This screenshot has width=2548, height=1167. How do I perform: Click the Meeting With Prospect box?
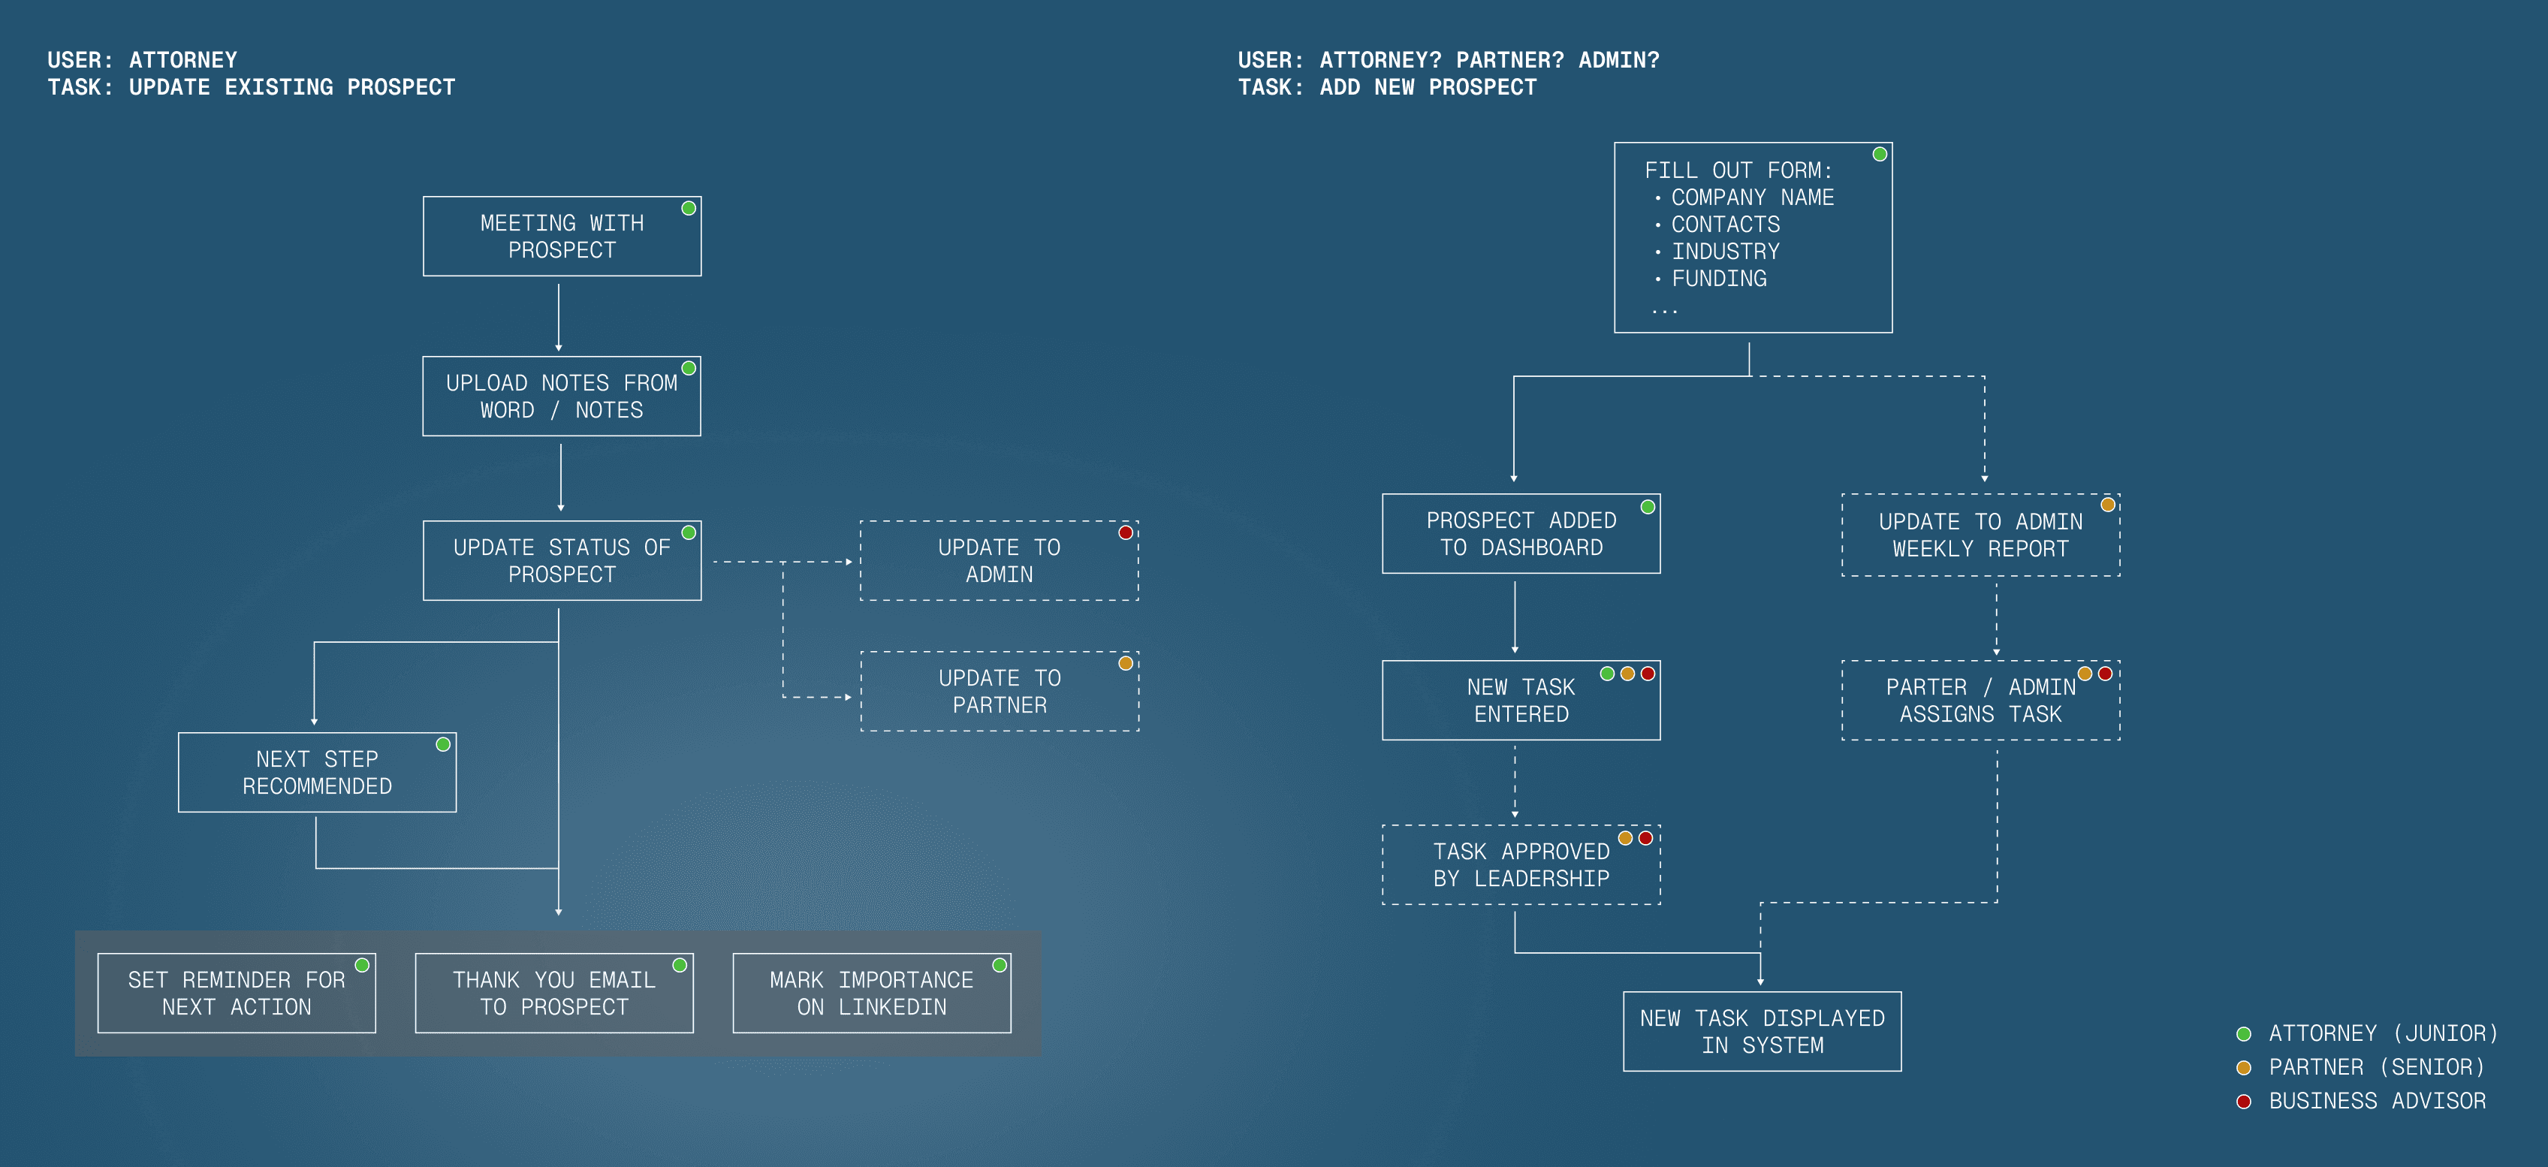[x=562, y=237]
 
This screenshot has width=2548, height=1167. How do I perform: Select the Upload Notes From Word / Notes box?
[x=562, y=397]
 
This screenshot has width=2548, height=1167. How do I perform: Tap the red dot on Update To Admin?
[x=1126, y=533]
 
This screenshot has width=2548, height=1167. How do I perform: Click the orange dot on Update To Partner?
[x=1126, y=664]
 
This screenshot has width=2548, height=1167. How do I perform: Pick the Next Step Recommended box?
[x=316, y=773]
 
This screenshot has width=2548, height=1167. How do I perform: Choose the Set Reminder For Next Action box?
[x=237, y=993]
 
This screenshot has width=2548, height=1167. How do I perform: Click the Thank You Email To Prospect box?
[x=554, y=993]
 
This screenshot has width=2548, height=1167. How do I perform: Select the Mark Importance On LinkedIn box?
[x=871, y=993]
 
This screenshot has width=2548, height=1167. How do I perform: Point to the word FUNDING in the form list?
[x=1719, y=279]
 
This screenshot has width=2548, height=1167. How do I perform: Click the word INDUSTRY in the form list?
[x=1725, y=252]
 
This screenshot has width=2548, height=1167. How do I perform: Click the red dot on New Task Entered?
[x=1648, y=674]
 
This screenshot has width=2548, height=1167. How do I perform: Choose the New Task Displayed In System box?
[x=1762, y=1032]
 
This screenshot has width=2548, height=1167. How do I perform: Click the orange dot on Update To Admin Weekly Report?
[x=2108, y=505]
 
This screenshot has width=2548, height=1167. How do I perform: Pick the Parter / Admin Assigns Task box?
[x=1980, y=700]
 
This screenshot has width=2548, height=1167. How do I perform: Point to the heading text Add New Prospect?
[x=1428, y=87]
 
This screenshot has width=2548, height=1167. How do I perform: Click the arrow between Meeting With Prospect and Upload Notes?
[x=559, y=316]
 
